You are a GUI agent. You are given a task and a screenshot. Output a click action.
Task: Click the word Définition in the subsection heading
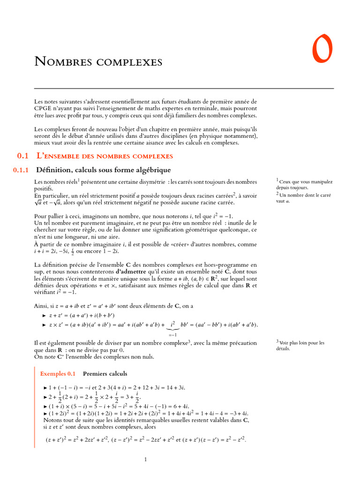tap(53, 170)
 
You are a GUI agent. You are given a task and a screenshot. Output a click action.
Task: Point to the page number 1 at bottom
tap(146, 460)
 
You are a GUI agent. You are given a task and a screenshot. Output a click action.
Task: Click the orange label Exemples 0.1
tap(58, 374)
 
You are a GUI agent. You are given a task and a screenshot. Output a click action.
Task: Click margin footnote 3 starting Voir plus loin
tap(300, 345)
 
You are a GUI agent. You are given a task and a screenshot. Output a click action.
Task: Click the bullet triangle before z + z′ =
tap(45, 316)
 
